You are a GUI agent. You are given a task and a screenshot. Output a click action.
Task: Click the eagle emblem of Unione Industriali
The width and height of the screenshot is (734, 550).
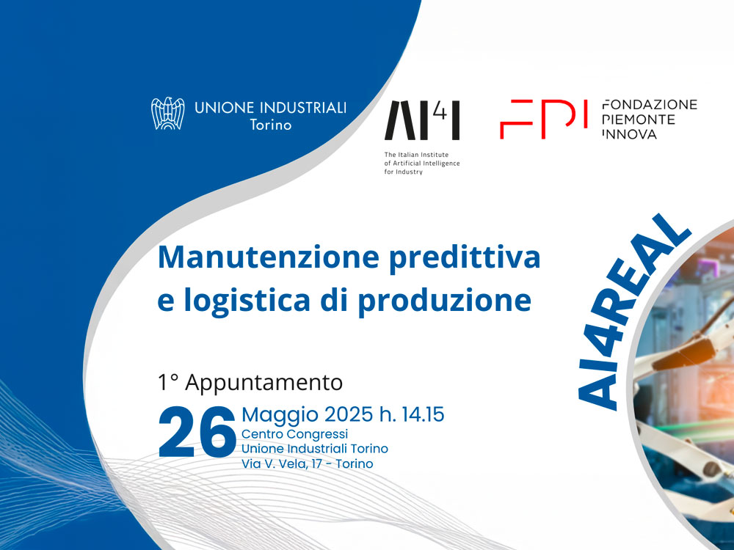tap(167, 113)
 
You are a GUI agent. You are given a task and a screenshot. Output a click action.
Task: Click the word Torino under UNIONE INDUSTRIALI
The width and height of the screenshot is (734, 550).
tap(271, 125)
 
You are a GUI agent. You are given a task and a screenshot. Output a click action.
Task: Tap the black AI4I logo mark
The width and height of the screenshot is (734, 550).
tap(422, 120)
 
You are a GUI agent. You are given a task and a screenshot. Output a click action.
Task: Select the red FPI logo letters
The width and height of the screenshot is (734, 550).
tap(543, 119)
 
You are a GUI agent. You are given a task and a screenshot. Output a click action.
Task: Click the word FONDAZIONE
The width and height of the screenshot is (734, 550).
tap(650, 104)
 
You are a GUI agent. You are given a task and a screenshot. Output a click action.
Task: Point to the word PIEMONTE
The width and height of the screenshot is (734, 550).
tap(639, 120)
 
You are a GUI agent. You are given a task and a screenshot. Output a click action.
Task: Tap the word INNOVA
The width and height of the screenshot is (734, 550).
tap(629, 134)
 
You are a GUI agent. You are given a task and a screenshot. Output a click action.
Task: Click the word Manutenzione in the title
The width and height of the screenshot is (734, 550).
tap(268, 257)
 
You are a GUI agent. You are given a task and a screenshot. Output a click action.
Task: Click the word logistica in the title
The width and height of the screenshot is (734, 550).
tap(247, 301)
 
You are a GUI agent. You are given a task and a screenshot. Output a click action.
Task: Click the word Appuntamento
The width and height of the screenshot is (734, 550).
tap(264, 384)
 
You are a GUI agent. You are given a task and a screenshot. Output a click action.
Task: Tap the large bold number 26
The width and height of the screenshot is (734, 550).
tap(197, 432)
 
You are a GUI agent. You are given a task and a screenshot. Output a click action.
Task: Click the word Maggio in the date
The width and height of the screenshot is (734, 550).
tap(280, 415)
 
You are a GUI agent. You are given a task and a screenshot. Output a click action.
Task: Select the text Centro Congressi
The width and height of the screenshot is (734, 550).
tap(295, 434)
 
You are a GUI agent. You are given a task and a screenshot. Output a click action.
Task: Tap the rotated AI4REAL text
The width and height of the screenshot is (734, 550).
tap(633, 312)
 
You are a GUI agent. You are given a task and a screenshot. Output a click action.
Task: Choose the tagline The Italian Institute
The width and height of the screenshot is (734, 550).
tap(416, 154)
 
